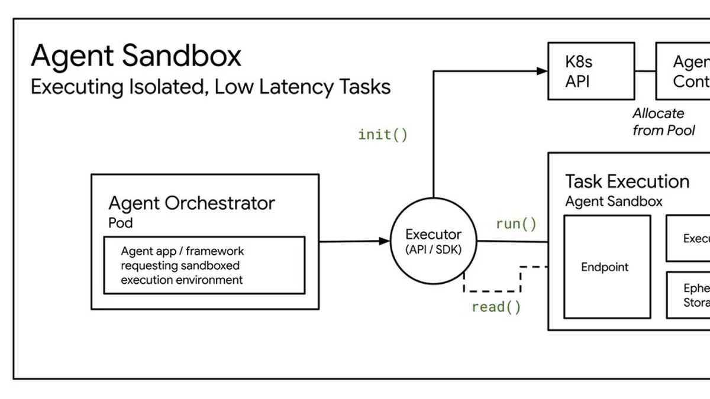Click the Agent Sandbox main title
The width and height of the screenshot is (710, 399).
click(x=136, y=56)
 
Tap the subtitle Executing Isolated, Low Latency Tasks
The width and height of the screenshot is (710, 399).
click(x=211, y=87)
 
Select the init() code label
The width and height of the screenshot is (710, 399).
click(x=383, y=135)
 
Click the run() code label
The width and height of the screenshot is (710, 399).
click(x=516, y=224)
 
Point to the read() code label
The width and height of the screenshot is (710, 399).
click(x=496, y=307)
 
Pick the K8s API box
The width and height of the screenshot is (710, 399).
click(x=590, y=71)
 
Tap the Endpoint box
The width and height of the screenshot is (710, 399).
click(x=606, y=267)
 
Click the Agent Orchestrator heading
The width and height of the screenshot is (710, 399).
click(x=192, y=203)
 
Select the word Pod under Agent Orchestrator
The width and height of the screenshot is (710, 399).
click(x=120, y=223)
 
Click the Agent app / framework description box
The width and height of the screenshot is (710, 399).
click(x=204, y=265)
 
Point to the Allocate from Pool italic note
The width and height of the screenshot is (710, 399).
click(x=663, y=122)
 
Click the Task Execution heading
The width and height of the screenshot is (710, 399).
click(x=627, y=181)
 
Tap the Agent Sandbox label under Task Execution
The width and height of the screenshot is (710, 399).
click(x=614, y=202)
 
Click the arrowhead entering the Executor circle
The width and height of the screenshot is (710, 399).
click(x=385, y=241)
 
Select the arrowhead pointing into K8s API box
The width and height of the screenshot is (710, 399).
click(x=542, y=71)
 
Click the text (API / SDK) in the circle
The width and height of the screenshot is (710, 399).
click(x=433, y=249)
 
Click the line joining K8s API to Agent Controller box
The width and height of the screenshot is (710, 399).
click(x=645, y=71)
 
